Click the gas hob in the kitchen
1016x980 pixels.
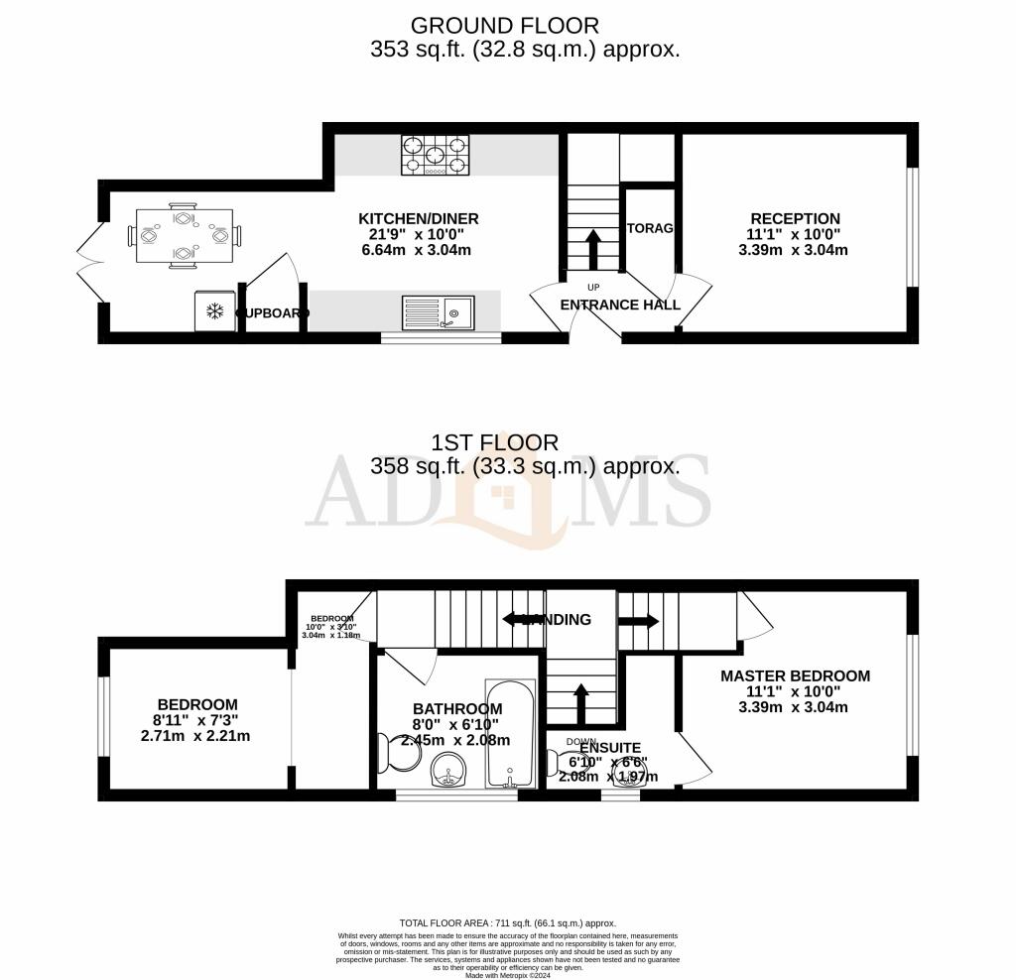[x=434, y=155]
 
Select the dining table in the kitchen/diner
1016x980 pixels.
[x=185, y=236]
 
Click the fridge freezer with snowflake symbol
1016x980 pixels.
[x=214, y=311]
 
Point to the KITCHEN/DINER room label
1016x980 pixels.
[x=418, y=219]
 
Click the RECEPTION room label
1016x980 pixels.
[x=795, y=219]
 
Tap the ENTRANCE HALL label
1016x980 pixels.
[x=620, y=305]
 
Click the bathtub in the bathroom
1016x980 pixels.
[x=510, y=734]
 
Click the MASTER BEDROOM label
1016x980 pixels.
[x=795, y=676]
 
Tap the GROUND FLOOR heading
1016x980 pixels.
[x=505, y=26]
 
